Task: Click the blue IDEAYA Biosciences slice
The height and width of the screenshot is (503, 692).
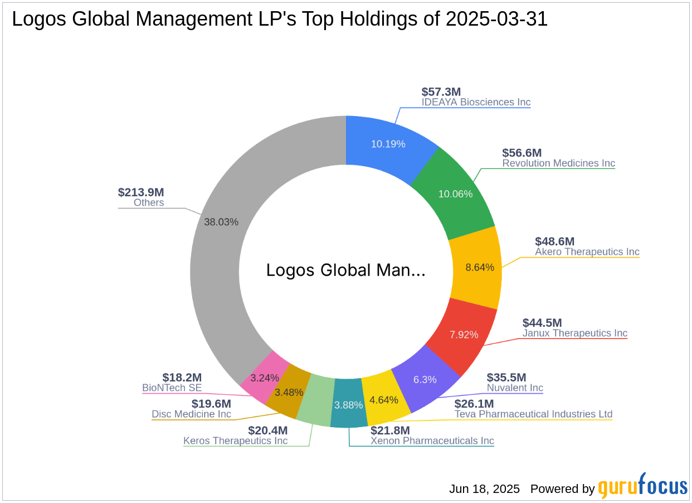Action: (388, 144)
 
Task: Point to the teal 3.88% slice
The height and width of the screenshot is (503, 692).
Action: (348, 405)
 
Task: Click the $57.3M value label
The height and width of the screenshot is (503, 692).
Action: (441, 92)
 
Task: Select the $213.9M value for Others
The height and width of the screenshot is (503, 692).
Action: (141, 192)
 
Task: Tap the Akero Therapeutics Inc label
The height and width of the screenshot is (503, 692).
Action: (587, 252)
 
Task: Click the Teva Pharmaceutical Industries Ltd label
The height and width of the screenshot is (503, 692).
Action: (533, 414)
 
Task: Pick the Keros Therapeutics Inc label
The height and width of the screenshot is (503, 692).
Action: (236, 441)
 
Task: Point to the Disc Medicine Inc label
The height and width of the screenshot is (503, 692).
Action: (191, 414)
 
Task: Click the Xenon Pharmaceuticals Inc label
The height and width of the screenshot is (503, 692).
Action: (432, 441)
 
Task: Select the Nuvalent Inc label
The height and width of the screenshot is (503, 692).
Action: (515, 388)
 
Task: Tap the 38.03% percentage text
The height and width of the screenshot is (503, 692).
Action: (221, 222)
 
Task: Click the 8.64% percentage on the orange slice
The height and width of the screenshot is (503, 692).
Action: (480, 267)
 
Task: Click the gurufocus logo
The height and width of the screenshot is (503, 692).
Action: (643, 487)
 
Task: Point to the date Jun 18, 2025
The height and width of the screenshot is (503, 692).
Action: (484, 489)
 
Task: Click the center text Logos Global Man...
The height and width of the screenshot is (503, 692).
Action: (345, 270)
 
